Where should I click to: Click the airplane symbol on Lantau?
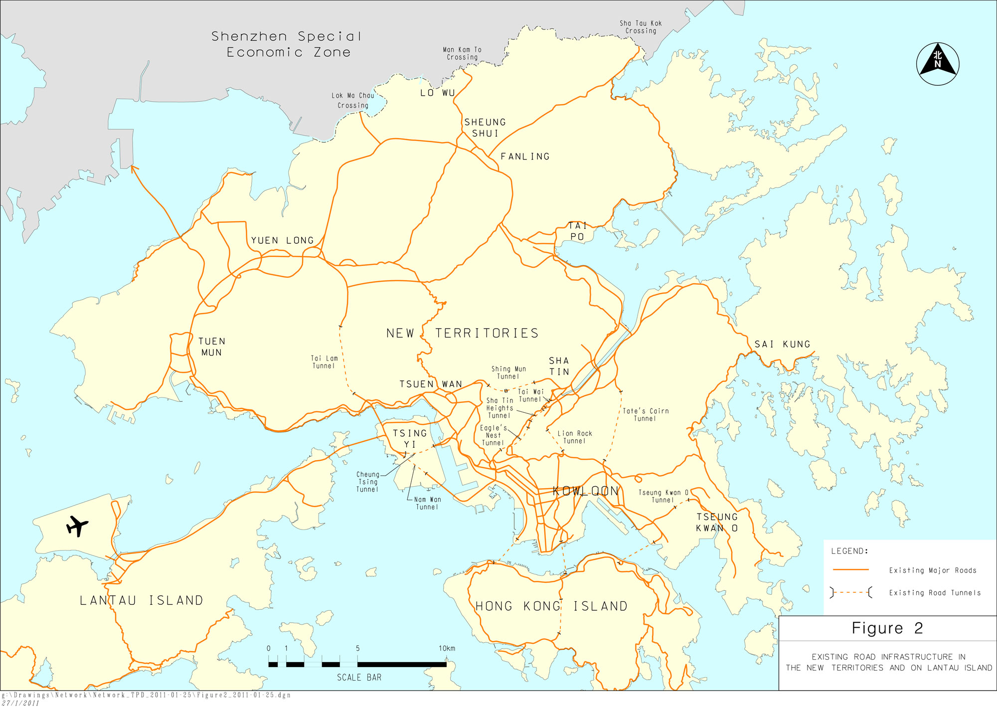coord(77,526)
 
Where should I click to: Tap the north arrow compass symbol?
coord(937,64)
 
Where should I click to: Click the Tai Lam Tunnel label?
coord(324,362)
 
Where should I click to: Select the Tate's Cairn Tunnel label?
coord(646,414)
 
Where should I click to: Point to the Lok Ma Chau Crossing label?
coord(352,100)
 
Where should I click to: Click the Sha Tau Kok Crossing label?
coord(641,27)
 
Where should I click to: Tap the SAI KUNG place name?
coord(782,344)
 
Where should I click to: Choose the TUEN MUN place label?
coord(212,347)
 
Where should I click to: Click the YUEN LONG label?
coord(282,240)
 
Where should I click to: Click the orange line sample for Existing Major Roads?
coord(850,569)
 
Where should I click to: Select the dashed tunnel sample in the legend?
coord(850,592)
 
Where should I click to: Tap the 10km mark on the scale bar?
coord(447,648)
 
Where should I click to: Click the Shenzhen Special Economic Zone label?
coord(287,44)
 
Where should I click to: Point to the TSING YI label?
coord(409,438)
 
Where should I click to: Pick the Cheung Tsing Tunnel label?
coord(367,482)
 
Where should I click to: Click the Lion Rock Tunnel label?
coord(574,437)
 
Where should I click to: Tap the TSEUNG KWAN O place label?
coord(717,522)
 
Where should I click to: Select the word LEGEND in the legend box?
coord(849,551)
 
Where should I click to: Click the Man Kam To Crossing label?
coord(462,53)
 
